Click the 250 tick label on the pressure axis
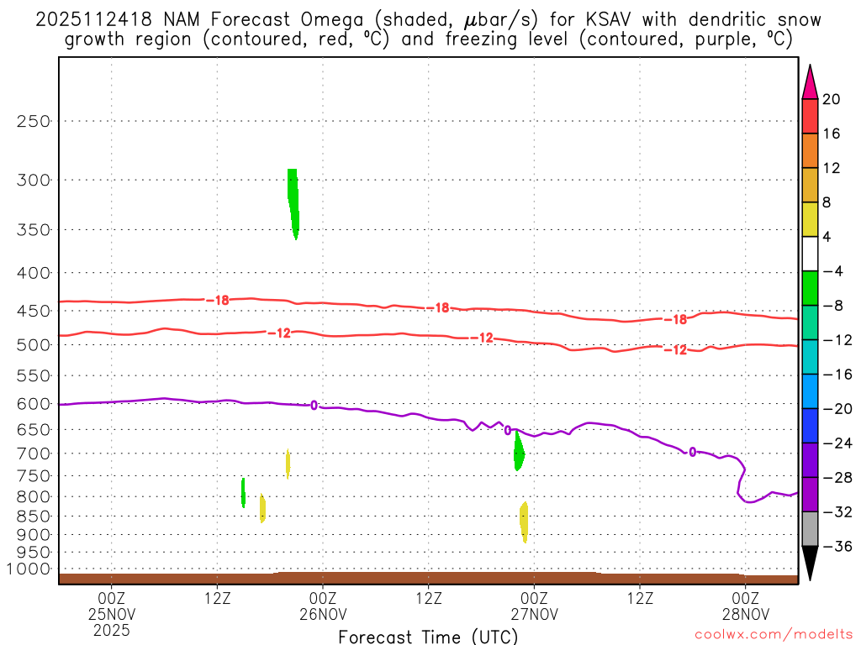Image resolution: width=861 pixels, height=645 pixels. click(34, 121)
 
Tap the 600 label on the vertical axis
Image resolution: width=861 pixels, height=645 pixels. click(34, 404)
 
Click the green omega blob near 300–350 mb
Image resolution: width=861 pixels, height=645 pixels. click(293, 202)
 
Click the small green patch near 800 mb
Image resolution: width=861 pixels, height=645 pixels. click(243, 492)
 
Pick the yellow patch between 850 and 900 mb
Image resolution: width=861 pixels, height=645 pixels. click(524, 522)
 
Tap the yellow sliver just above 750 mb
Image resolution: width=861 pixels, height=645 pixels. click(288, 463)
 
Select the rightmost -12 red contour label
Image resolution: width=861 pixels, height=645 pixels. click(675, 349)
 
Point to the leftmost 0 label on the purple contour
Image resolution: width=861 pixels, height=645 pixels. click(314, 406)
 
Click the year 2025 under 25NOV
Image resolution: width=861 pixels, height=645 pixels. click(112, 628)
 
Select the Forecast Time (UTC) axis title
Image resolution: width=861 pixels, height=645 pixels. click(428, 636)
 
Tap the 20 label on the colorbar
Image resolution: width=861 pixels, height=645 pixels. click(831, 99)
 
